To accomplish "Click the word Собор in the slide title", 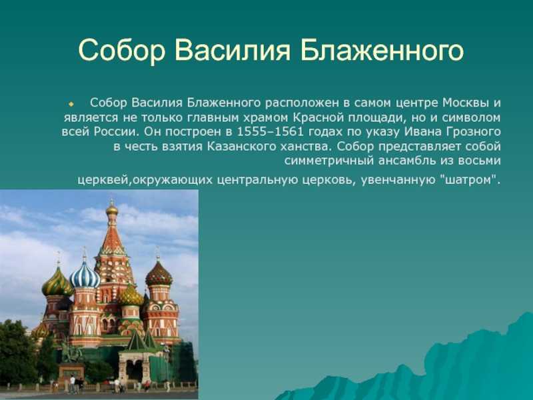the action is (x=122, y=51).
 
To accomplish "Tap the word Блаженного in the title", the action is (x=382, y=51).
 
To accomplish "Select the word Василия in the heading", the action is (x=233, y=51).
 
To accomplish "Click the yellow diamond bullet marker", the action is (x=71, y=103).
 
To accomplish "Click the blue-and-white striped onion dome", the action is (x=85, y=275).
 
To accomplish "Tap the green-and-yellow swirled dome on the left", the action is (x=57, y=282).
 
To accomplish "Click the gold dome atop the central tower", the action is (x=111, y=209).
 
